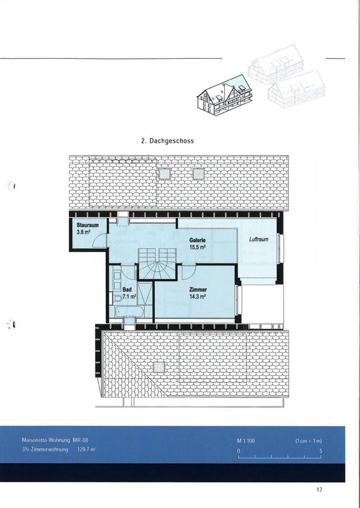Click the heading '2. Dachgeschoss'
(x=167, y=141)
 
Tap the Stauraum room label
(x=88, y=225)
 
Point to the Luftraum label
(x=259, y=240)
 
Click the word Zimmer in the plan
(x=198, y=289)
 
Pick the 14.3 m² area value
(x=197, y=297)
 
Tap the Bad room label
(x=127, y=289)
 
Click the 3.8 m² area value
(x=83, y=232)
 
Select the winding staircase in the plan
(x=158, y=264)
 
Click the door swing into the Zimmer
(x=189, y=273)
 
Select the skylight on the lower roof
(x=158, y=367)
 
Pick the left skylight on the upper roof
(x=164, y=174)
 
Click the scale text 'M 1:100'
(x=246, y=441)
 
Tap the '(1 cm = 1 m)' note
(x=308, y=441)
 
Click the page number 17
(x=319, y=489)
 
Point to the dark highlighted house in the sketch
(x=224, y=95)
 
